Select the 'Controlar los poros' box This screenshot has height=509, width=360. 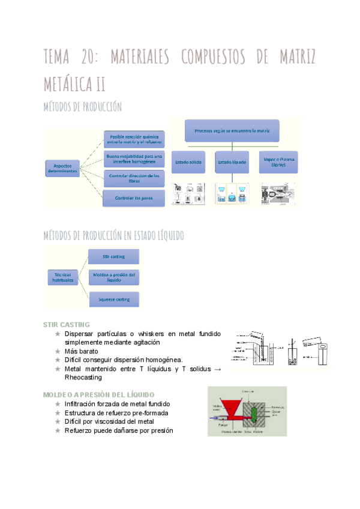133,197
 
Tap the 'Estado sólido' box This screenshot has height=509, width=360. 188,162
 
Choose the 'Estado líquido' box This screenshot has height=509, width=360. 232,162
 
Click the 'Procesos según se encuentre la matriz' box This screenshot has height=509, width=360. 232,130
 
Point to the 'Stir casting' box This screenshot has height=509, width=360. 113,256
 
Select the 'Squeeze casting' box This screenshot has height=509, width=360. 113,298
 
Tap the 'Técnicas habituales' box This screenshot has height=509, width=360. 62,277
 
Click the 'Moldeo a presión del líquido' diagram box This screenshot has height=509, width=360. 113,277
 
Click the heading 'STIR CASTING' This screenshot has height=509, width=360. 67,324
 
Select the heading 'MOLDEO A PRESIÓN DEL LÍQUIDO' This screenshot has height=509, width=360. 99,394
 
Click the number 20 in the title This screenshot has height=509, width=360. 89,58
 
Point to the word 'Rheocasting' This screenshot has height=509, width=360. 83,378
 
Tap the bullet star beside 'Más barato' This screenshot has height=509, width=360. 58,351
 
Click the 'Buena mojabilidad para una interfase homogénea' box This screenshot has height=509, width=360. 133,158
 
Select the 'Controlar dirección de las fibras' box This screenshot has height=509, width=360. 133,178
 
